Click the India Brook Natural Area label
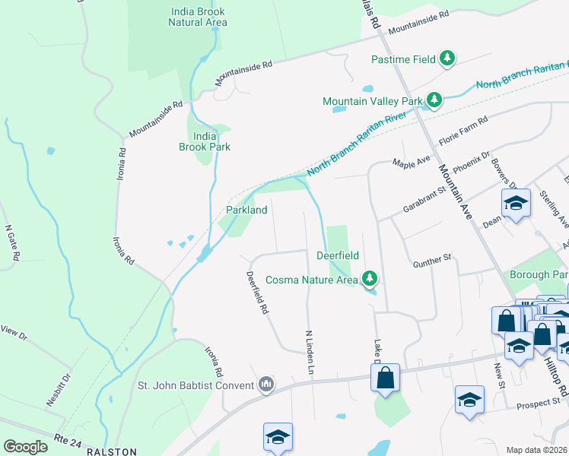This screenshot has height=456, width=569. [x=197, y=16]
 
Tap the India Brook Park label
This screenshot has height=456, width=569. [x=204, y=141]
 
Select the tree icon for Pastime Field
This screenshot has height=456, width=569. [x=448, y=59]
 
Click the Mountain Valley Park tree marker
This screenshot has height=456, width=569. [x=434, y=100]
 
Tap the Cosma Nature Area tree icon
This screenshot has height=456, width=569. [x=370, y=279]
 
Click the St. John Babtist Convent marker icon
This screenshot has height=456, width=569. [x=265, y=385]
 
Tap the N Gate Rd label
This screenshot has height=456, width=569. [x=11, y=242]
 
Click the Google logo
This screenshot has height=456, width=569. [x=25, y=447]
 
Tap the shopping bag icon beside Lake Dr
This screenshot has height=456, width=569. [x=386, y=378]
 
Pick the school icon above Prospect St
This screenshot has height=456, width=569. [x=469, y=399]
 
